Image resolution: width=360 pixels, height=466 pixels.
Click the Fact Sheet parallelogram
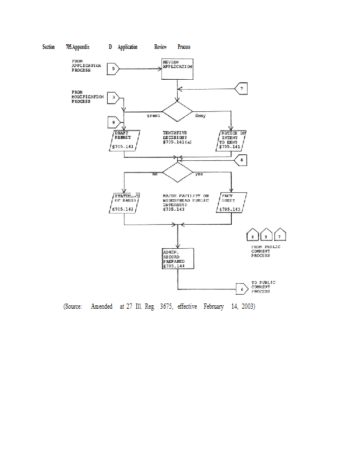pos(231,202)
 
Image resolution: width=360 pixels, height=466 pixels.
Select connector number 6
pos(242,288)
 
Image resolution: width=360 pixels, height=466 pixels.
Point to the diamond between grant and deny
pos(177,111)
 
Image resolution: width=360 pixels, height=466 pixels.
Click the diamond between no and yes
pos(177,172)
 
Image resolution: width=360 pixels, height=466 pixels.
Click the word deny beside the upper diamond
pos(200,116)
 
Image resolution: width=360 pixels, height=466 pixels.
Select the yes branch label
pos(199,175)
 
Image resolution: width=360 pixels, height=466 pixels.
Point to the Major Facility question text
pos(185,200)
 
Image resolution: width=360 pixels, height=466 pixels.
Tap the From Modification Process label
pos(87,97)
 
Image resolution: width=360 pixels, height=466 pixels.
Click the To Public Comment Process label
pos(263,287)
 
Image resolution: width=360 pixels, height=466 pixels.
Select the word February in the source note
pos(214,306)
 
